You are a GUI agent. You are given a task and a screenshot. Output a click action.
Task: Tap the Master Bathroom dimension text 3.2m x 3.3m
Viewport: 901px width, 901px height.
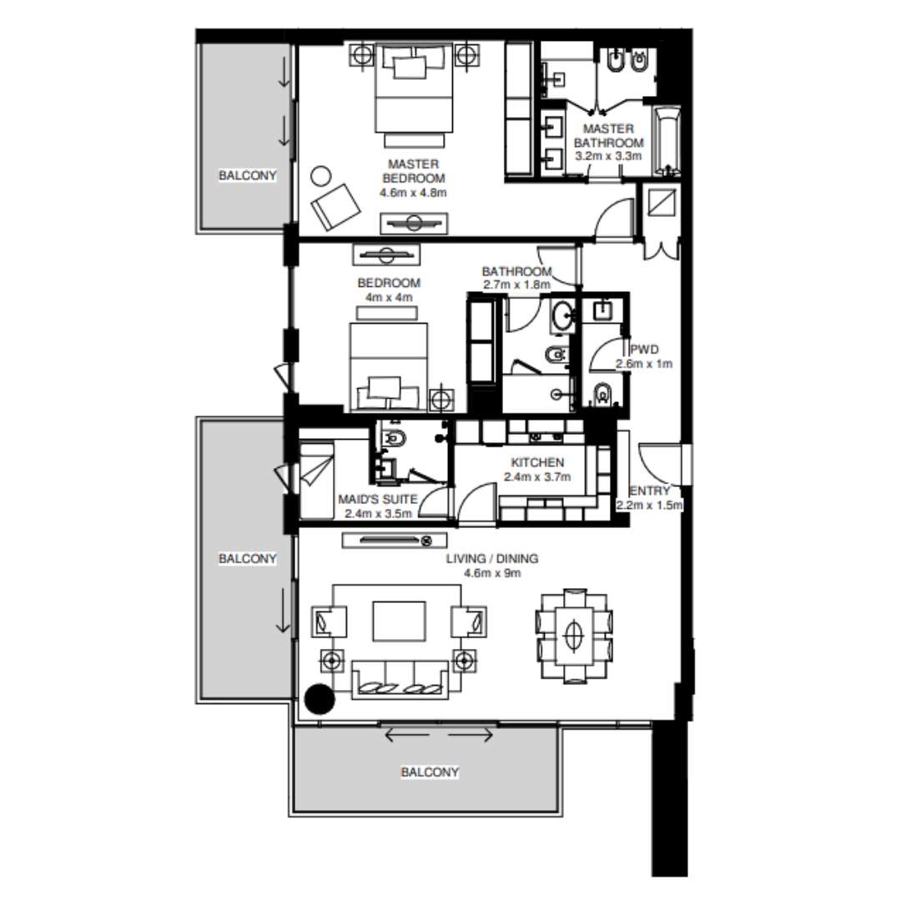[609, 155]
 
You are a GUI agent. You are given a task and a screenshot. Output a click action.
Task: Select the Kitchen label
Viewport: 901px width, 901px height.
[538, 463]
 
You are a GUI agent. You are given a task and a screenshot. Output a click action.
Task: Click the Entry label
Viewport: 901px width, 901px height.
[650, 491]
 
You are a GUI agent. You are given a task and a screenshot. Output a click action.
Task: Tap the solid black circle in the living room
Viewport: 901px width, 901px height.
[319, 699]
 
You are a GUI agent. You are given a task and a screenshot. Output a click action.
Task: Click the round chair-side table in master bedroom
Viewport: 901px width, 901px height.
[321, 176]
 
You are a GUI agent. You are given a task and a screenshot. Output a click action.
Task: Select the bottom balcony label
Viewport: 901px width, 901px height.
[430, 773]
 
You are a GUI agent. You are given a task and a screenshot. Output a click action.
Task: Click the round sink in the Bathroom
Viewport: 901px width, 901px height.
[562, 315]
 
